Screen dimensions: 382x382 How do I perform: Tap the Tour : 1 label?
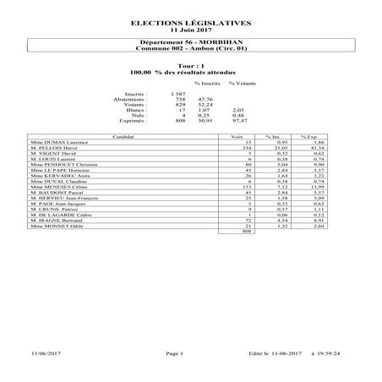tap(190, 65)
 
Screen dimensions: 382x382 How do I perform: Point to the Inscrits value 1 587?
tap(177, 93)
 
